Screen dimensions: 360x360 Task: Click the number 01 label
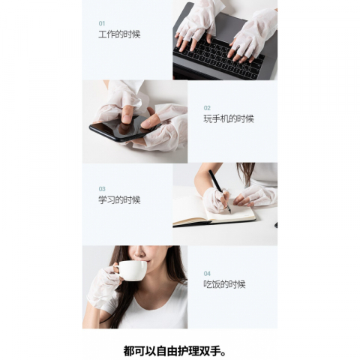(102, 23)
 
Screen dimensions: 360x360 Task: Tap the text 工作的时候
(119, 34)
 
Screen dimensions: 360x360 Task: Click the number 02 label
(207, 107)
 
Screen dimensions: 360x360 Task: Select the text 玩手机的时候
(228, 118)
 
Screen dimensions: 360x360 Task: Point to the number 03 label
(102, 189)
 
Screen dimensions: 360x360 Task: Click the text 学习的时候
(119, 200)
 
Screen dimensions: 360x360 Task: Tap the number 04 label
(207, 273)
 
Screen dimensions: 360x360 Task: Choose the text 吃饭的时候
(224, 284)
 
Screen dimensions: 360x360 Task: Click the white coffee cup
(133, 270)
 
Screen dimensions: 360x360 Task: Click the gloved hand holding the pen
(214, 199)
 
